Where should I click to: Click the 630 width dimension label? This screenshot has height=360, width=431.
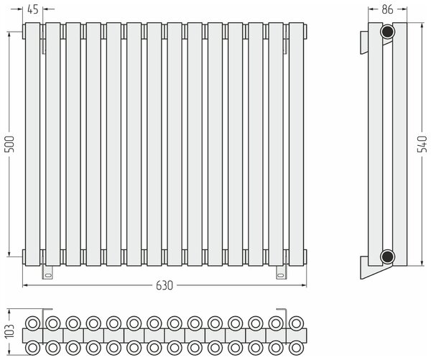tap(164, 285)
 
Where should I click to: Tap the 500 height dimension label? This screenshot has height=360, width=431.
tap(10, 144)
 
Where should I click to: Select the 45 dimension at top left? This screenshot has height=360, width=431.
tap(33, 9)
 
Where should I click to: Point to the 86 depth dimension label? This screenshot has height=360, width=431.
tap(387, 9)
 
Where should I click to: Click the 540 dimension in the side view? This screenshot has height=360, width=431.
tap(422, 143)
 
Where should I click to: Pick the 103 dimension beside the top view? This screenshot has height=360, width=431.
tap(10, 331)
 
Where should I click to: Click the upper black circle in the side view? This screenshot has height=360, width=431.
tap(388, 32)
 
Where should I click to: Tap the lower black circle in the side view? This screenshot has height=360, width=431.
tap(388, 257)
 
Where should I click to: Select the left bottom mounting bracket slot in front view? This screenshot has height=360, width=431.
tap(48, 274)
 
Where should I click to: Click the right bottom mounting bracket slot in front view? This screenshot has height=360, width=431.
tap(281, 274)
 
